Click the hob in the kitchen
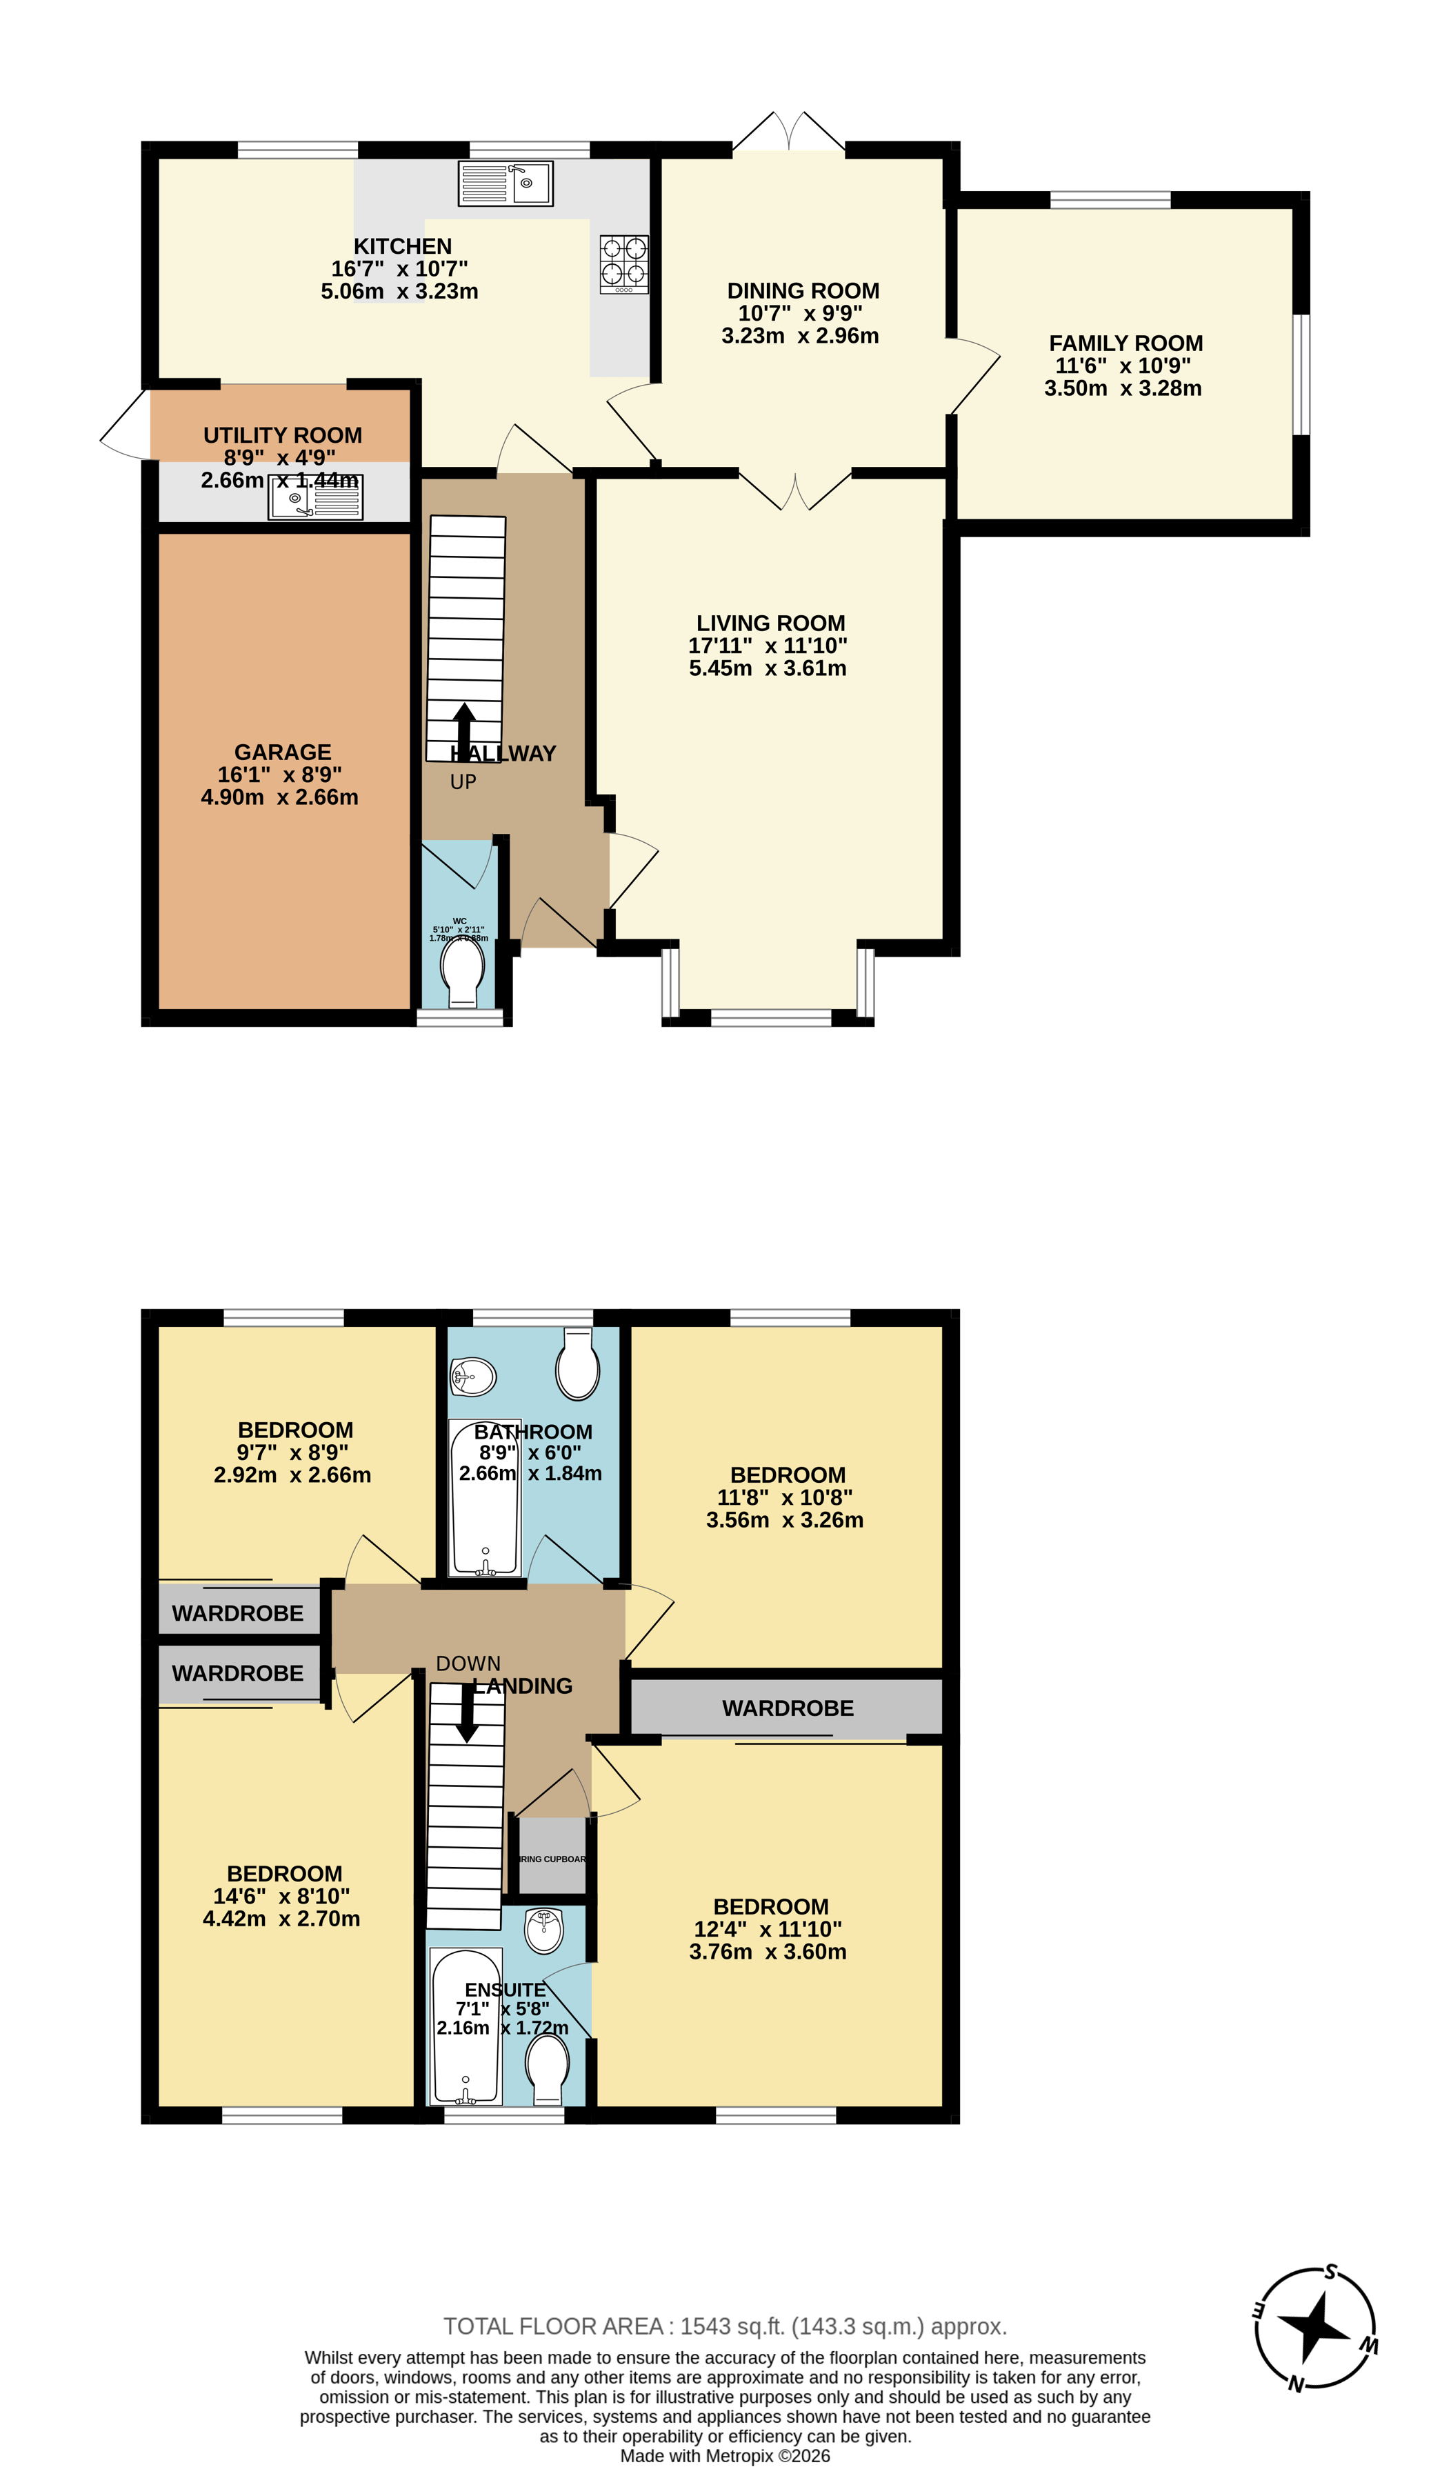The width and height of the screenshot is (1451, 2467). [x=623, y=263]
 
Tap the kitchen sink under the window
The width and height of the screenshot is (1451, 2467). [x=506, y=183]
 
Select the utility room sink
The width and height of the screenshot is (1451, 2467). [x=315, y=497]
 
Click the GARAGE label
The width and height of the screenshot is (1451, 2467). [x=282, y=752]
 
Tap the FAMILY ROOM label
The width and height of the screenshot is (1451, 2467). [x=1126, y=343]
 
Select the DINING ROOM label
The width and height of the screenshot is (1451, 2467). [x=803, y=291]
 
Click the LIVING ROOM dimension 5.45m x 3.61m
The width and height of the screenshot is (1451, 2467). [x=768, y=668]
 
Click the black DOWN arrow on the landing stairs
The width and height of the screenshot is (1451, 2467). [x=468, y=1712]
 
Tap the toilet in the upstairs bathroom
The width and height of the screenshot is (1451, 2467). [x=578, y=1365]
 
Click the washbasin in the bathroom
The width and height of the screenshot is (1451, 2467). [x=473, y=1377]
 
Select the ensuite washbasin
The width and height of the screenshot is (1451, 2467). [x=543, y=1930]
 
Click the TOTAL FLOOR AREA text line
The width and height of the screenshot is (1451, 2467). [x=725, y=2326]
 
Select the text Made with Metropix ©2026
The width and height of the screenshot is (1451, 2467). [x=725, y=2455]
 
